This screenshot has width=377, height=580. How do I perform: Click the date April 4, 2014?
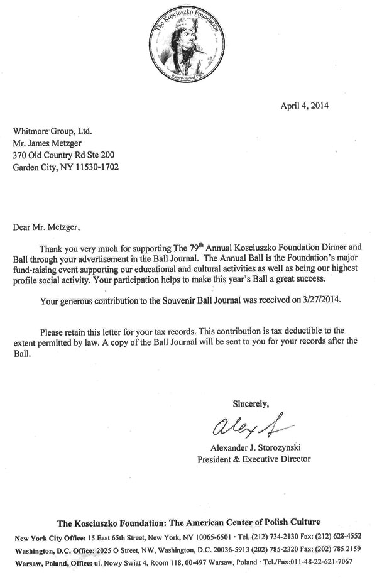pos(305,105)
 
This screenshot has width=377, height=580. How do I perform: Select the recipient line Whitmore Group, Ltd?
pos(53,131)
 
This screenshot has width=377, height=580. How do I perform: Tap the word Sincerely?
pos(251,402)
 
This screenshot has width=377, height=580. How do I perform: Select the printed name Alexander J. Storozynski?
pos(253,447)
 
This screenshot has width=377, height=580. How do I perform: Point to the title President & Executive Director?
pos(253,459)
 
